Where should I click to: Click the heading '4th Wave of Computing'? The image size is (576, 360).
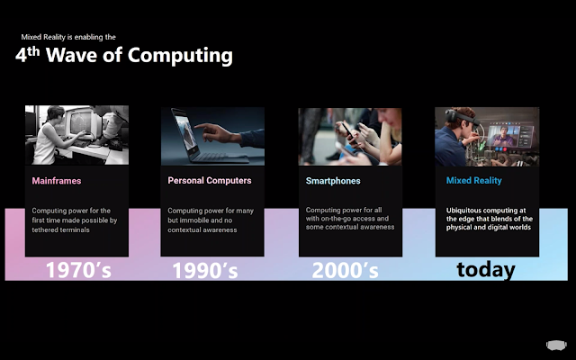point(124,55)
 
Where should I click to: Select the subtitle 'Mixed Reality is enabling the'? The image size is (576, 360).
point(68,37)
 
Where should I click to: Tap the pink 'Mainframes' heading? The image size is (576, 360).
point(57,181)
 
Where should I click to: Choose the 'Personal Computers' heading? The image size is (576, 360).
point(210,180)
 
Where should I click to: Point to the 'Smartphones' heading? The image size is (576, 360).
point(333,181)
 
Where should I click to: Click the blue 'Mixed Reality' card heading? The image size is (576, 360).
point(474,180)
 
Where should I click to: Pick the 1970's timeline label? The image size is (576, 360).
point(78,270)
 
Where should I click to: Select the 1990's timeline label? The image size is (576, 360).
point(205,270)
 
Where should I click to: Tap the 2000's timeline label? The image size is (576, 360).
point(345,270)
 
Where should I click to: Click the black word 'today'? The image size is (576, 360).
point(486,270)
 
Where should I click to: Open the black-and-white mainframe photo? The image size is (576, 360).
point(76,135)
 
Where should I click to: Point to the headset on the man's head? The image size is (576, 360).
point(462,117)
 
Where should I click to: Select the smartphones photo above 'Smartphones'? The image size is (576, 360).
point(350,136)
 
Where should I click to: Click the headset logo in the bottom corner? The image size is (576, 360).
point(556,345)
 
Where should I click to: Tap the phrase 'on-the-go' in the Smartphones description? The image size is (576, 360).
point(336,219)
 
